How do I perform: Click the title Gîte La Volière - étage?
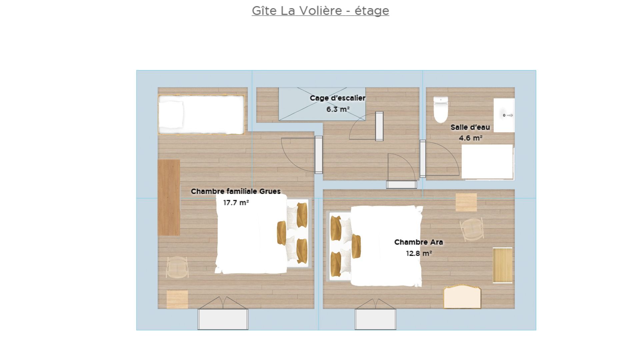[x=320, y=11]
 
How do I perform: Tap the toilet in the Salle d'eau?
[x=441, y=110]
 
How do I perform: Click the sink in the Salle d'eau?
[x=504, y=115]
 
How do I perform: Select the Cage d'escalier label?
[x=338, y=98]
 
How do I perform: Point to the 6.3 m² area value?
[x=338, y=109]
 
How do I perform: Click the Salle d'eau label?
[x=470, y=127]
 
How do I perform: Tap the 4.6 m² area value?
[x=471, y=138]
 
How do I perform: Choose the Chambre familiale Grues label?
[x=236, y=191]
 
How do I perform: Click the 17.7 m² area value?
[x=236, y=202]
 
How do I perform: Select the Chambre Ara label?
[x=419, y=242]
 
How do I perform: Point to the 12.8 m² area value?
[x=419, y=253]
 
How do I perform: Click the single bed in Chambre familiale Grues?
[x=201, y=115]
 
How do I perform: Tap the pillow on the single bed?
[x=171, y=114]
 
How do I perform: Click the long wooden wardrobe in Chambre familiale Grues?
[x=169, y=197]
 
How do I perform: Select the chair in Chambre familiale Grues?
[x=177, y=267]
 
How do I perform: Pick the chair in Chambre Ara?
[x=472, y=229]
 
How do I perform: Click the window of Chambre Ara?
[x=376, y=319]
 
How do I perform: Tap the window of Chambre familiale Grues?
[x=223, y=319]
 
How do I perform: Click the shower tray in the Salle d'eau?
[x=487, y=162]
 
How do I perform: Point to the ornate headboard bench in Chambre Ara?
[x=462, y=297]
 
